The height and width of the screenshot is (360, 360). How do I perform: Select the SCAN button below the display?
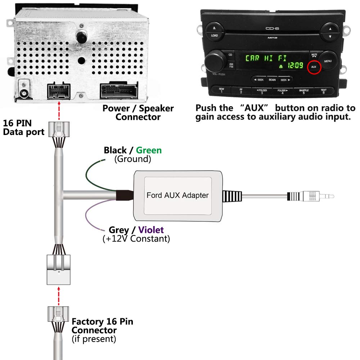272,80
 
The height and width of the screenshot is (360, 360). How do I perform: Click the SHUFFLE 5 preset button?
303,91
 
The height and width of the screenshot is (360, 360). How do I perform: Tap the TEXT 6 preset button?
323,91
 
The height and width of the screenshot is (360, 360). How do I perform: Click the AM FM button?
230,66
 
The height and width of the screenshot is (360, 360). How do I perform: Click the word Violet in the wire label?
151,230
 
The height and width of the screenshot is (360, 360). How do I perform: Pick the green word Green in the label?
149,150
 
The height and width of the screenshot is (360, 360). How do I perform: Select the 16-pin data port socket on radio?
59,91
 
